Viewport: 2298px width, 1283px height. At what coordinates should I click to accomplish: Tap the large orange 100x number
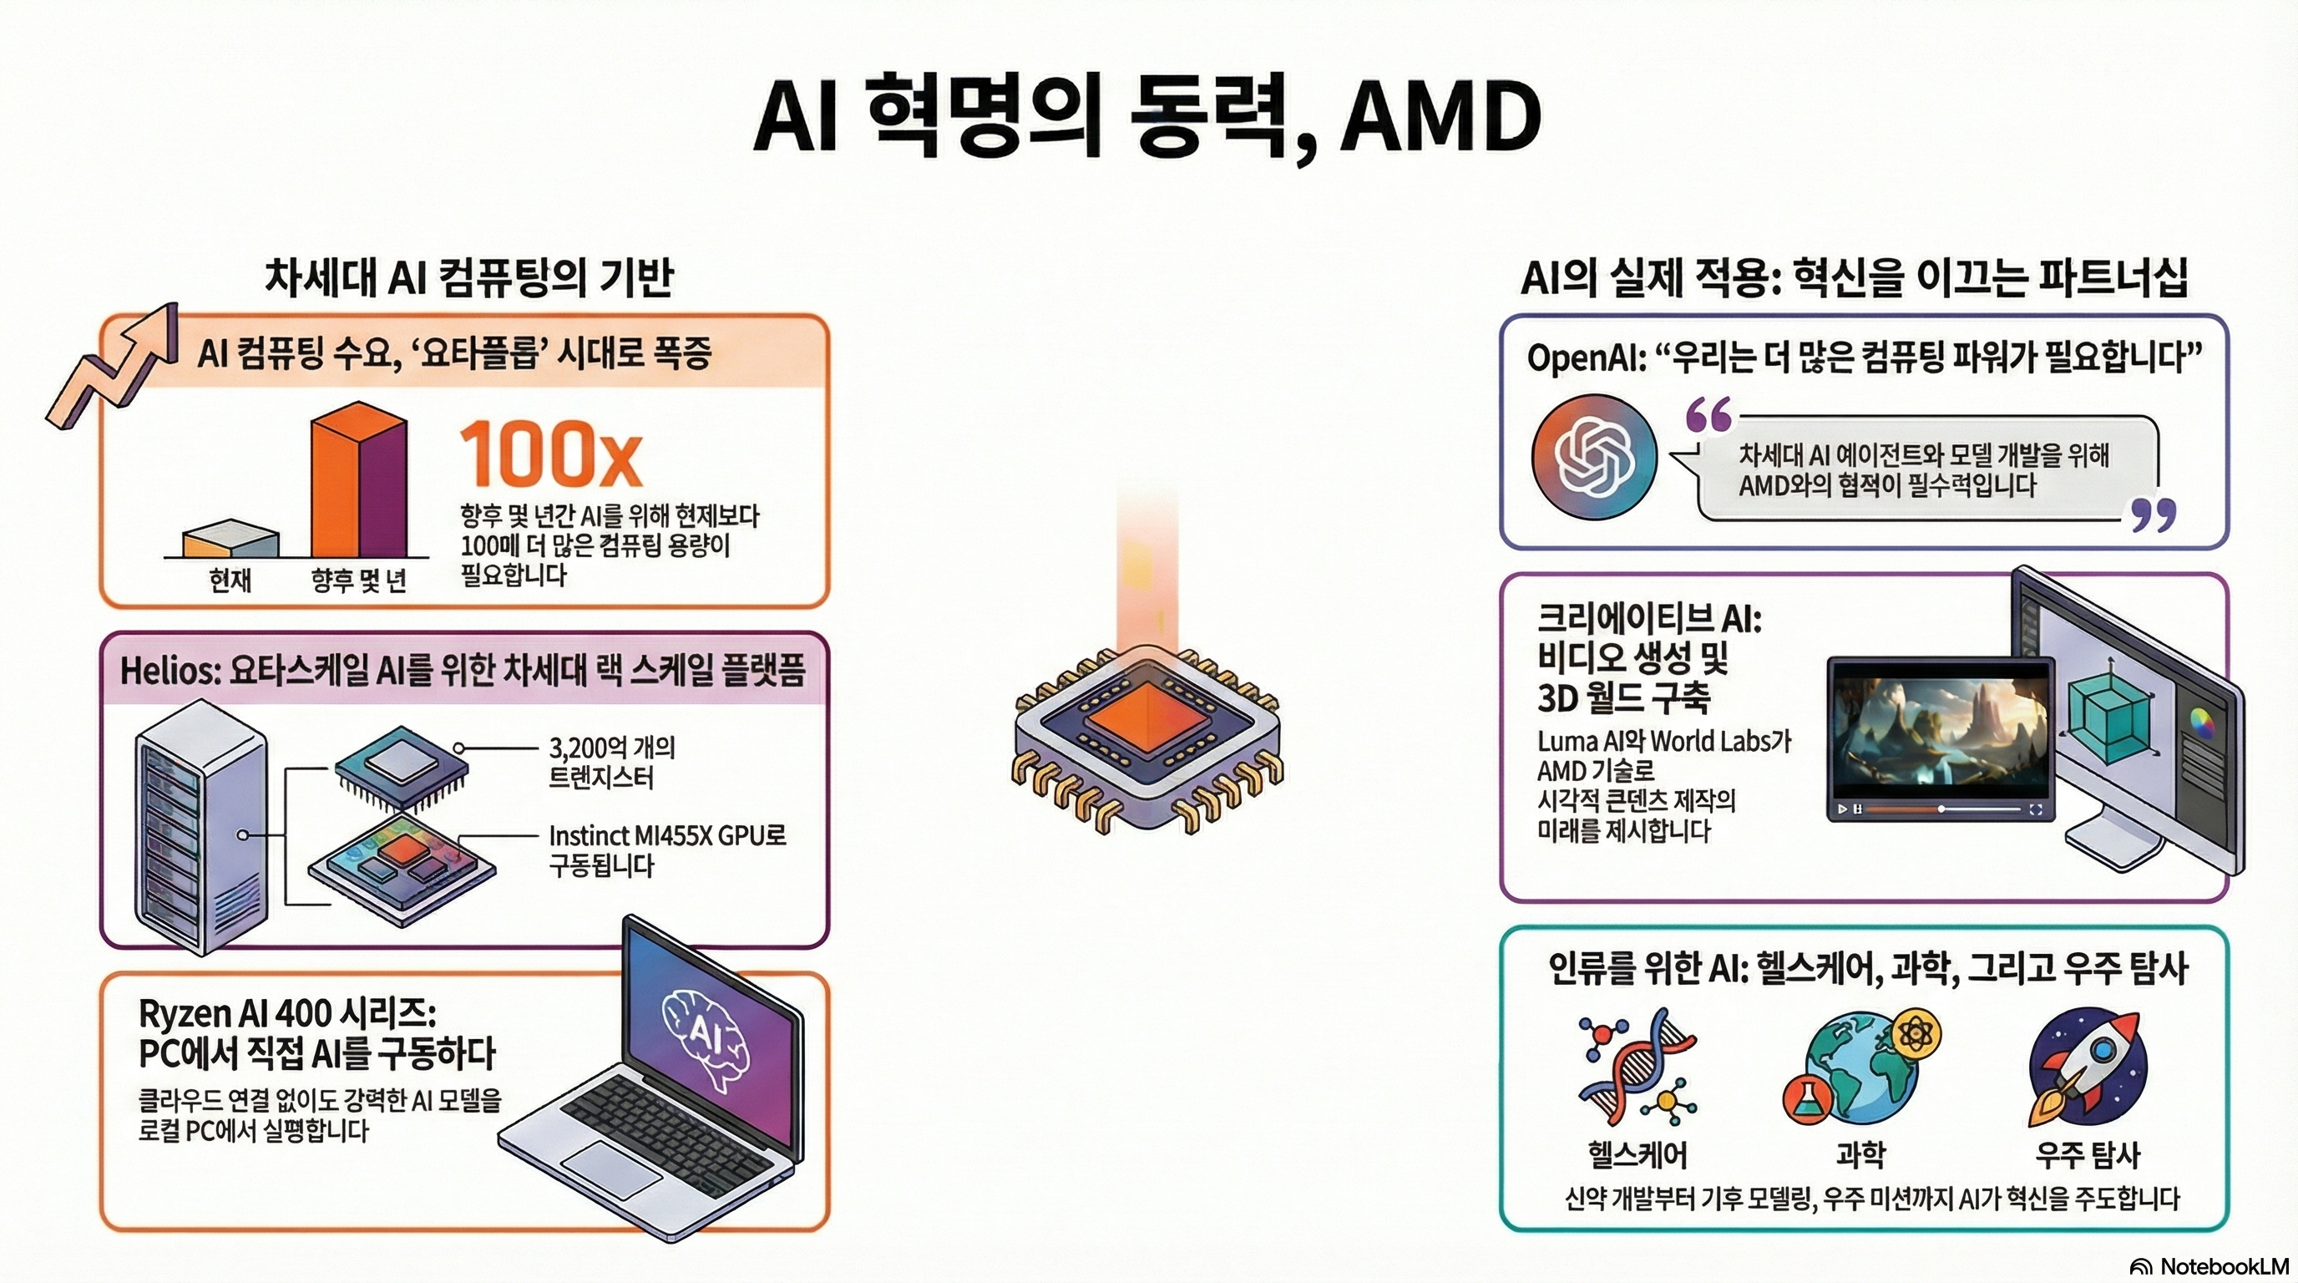tap(550, 455)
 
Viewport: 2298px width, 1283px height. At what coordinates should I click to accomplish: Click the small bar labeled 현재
tap(230, 541)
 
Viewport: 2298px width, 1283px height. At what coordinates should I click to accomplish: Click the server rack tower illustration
tap(200, 825)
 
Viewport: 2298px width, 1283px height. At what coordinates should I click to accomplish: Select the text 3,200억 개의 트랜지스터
tap(611, 762)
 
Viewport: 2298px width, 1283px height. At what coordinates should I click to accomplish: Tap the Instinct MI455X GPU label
tap(666, 836)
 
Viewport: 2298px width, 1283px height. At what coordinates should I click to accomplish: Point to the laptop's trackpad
tap(612, 1168)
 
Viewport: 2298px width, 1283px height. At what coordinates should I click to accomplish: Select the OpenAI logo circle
tap(1593, 457)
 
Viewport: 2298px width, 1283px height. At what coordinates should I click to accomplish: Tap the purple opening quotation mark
tap(1708, 416)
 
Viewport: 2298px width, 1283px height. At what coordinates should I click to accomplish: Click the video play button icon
tap(1841, 809)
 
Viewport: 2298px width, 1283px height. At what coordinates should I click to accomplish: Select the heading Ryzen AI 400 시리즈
tap(286, 1013)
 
